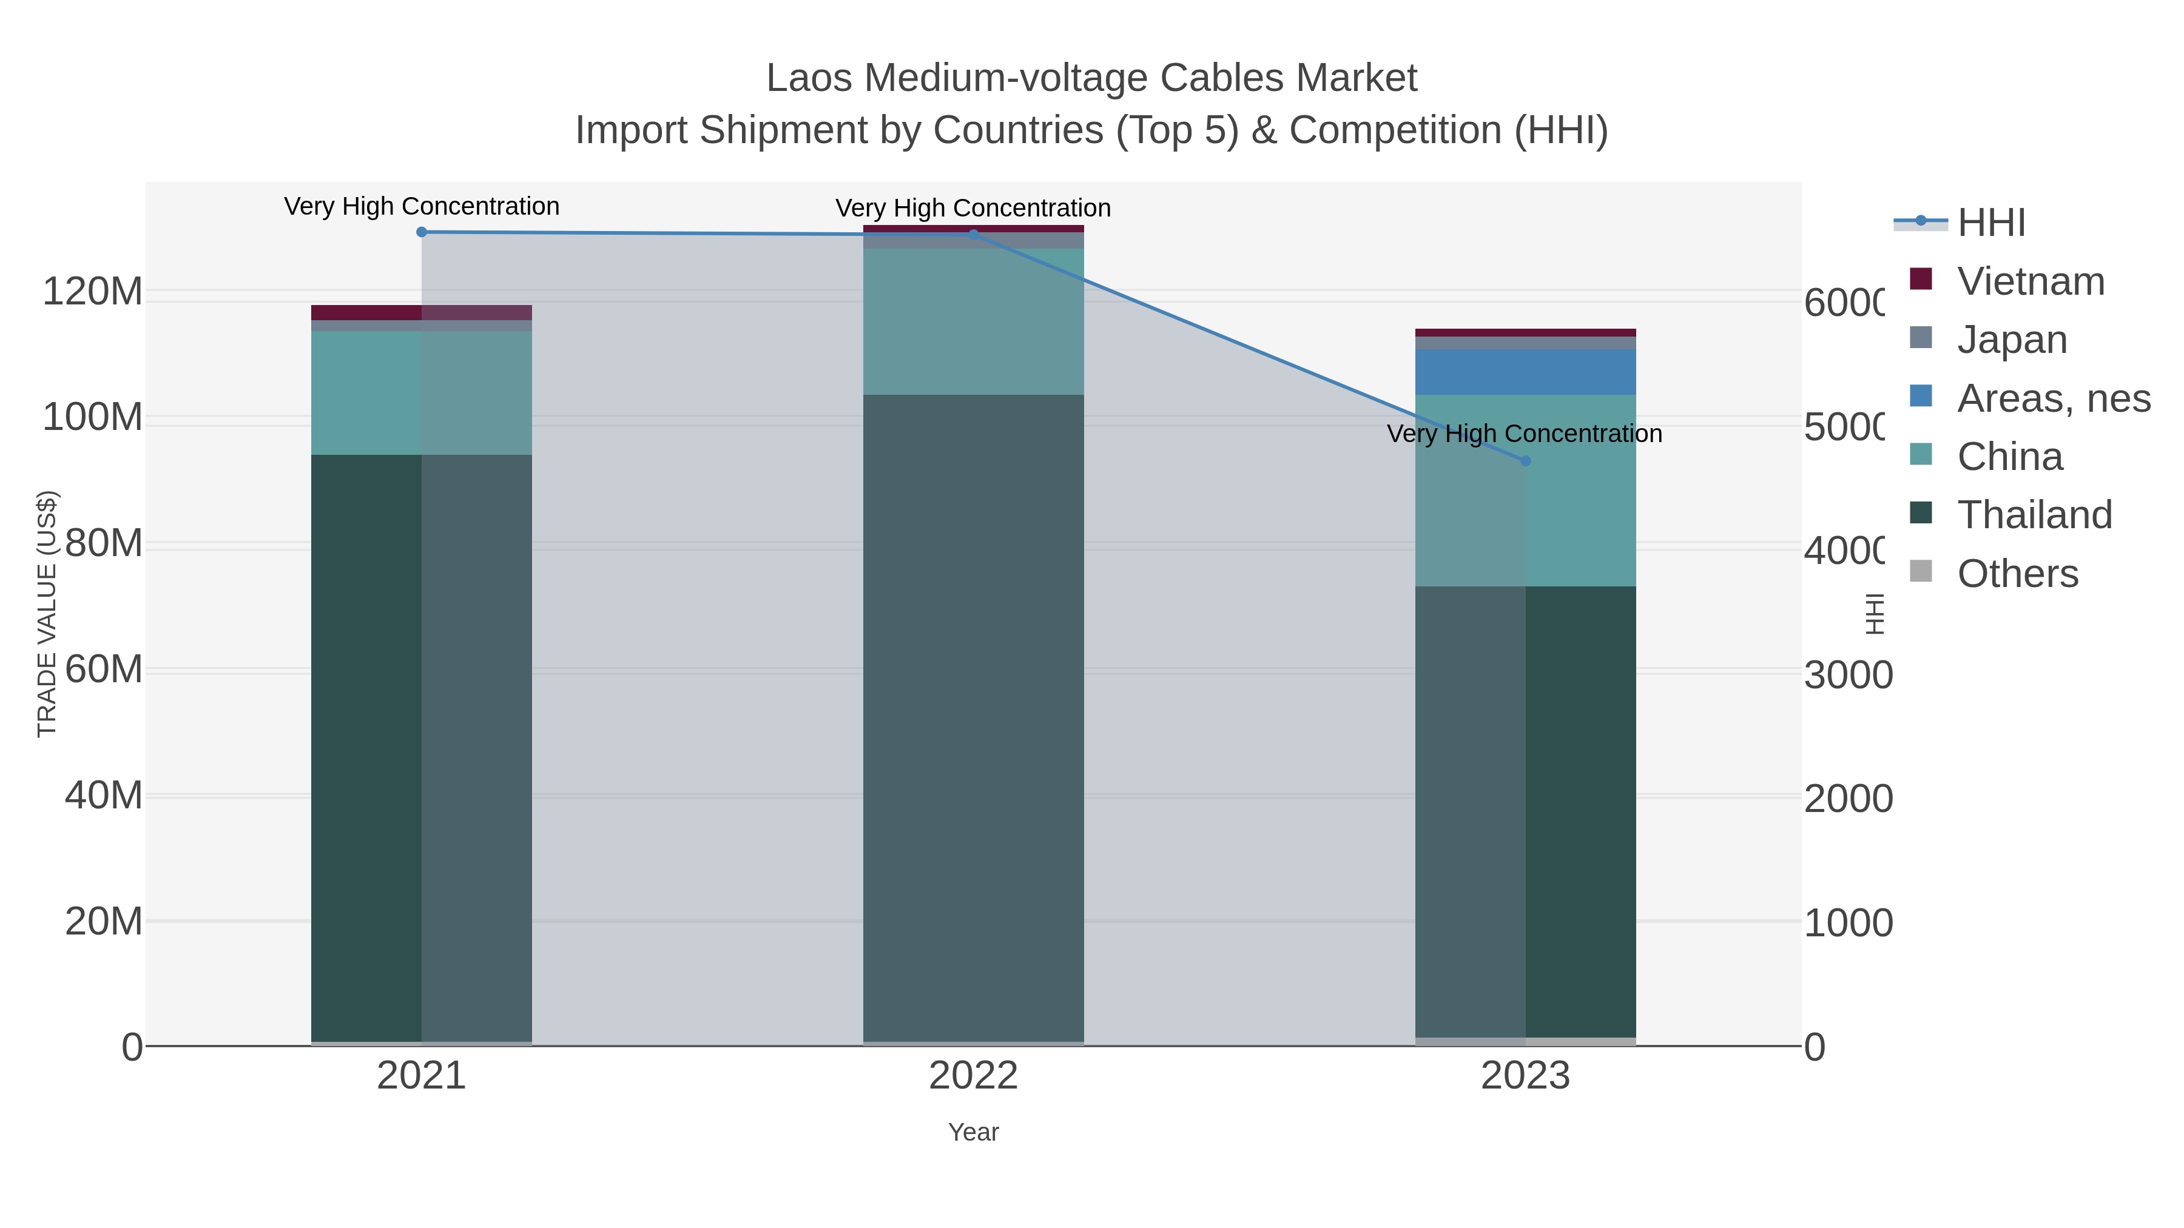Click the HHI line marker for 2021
click(422, 232)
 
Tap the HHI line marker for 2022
click(973, 235)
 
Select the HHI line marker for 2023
click(1525, 461)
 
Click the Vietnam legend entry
click(2031, 281)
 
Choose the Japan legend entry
click(2012, 340)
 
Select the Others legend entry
click(2017, 574)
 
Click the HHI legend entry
click(1990, 223)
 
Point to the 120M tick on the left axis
click(92, 292)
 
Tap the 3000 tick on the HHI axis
click(1847, 676)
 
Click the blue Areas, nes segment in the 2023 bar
click(1525, 372)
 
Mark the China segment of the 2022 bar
click(973, 322)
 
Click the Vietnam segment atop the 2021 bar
click(422, 313)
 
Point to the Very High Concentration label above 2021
click(422, 207)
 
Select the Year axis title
click(973, 1132)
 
